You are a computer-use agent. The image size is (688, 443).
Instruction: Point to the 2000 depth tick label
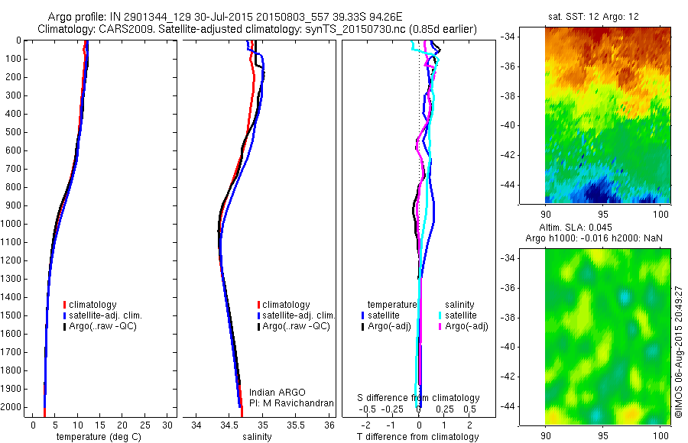(x=11, y=407)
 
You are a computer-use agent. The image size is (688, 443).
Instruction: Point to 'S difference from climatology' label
(x=419, y=398)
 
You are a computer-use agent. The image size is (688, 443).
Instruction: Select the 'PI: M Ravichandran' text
(x=292, y=403)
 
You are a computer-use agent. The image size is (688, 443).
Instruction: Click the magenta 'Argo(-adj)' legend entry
(x=467, y=326)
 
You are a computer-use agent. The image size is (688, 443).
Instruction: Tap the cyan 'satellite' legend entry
(x=461, y=315)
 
